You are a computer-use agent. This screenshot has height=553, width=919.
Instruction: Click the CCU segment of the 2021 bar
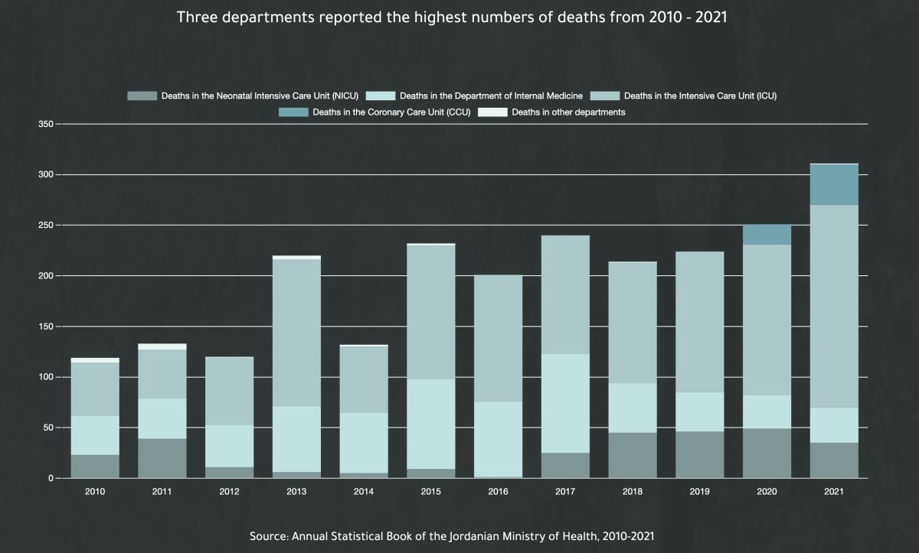point(834,184)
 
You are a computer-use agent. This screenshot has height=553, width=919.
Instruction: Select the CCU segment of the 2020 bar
point(767,234)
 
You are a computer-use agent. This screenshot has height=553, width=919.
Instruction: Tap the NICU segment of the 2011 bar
point(162,458)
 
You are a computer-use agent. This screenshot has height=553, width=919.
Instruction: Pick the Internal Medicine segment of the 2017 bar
point(565,403)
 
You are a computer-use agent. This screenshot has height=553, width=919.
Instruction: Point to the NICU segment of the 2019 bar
point(700,455)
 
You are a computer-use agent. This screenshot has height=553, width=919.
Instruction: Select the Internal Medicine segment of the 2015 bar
point(431,424)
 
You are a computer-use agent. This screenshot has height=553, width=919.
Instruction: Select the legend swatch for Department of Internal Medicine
point(381,96)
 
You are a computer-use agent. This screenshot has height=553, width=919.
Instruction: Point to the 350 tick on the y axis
point(45,124)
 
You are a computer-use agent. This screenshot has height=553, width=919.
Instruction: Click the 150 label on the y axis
point(45,327)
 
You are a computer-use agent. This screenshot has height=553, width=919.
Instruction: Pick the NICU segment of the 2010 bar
point(95,467)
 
